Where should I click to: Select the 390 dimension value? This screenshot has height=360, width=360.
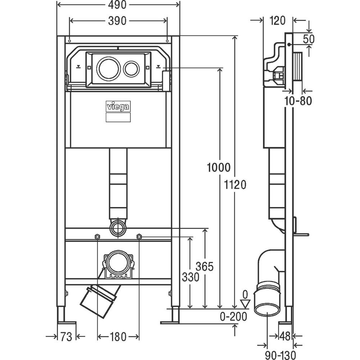118,21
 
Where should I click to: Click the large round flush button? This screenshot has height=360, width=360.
107,67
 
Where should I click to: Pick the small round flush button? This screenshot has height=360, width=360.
131,68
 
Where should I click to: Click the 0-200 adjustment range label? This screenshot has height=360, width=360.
234,317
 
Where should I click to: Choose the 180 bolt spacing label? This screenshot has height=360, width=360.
118,337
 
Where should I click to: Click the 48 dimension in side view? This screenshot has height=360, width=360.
285,336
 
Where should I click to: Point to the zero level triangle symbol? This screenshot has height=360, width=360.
245,304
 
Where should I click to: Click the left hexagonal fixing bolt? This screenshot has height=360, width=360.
97,237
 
